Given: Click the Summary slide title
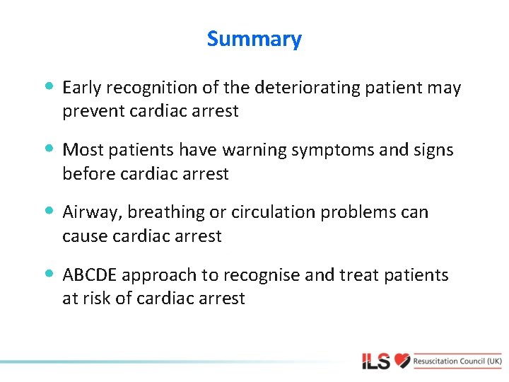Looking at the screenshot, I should [x=254, y=39].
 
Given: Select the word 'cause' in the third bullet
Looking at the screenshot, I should [x=83, y=236].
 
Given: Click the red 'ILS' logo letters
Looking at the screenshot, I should [x=375, y=362].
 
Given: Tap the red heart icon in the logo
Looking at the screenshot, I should [x=402, y=361].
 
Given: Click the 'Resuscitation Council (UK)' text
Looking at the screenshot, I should [x=458, y=361].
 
